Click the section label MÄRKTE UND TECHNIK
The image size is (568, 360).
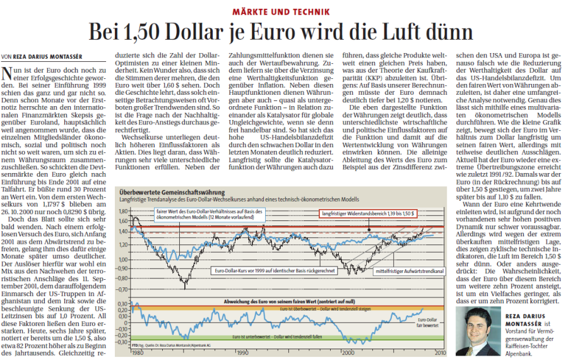[x=284, y=13]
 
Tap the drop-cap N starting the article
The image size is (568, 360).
[x=8, y=75]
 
